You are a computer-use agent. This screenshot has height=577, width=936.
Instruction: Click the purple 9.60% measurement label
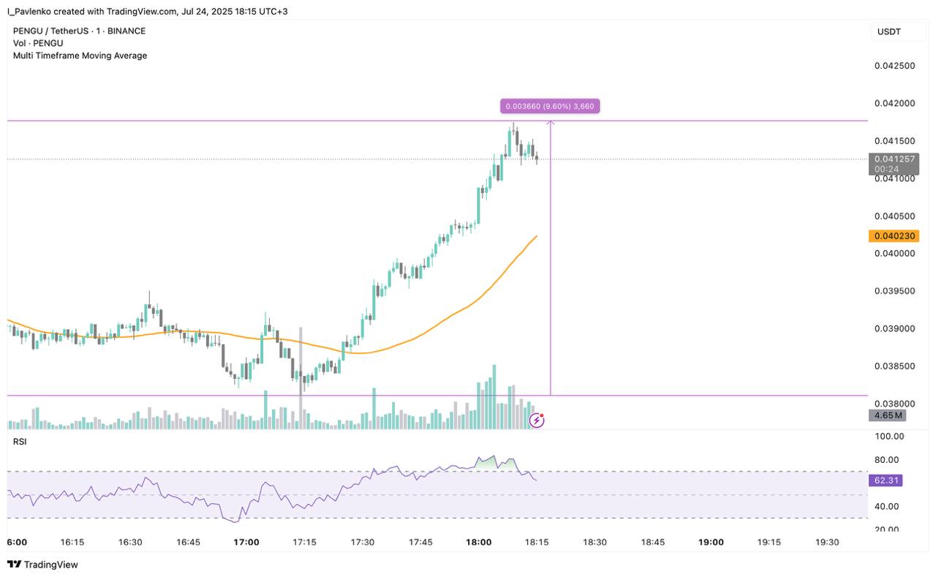tap(549, 106)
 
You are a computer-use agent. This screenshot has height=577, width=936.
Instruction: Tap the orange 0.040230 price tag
tap(894, 235)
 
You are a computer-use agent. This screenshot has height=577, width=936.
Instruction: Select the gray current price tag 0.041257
tap(894, 164)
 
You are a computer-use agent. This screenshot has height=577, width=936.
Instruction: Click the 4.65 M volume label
tap(887, 415)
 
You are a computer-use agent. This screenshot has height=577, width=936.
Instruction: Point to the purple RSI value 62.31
tap(886, 480)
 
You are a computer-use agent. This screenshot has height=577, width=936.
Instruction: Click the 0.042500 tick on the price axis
tap(894, 66)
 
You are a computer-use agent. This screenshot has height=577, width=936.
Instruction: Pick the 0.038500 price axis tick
tap(894, 366)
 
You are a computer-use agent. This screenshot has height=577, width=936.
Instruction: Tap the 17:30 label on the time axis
tap(362, 542)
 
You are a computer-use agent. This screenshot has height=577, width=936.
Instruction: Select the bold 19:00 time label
tap(711, 542)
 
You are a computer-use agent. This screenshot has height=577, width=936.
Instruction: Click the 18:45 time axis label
tap(653, 542)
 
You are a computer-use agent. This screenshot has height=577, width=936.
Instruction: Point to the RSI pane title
tap(20, 442)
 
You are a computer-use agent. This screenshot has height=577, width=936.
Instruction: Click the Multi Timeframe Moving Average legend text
tap(80, 56)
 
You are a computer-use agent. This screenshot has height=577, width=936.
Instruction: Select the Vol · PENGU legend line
tap(38, 43)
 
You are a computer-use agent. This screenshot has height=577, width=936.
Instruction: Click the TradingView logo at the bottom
tap(42, 565)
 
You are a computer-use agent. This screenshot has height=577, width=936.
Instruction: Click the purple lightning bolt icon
tap(537, 420)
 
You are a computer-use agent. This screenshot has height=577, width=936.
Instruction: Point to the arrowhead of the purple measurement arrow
tap(551, 121)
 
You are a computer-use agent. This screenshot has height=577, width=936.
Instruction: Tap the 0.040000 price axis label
tap(894, 253)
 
